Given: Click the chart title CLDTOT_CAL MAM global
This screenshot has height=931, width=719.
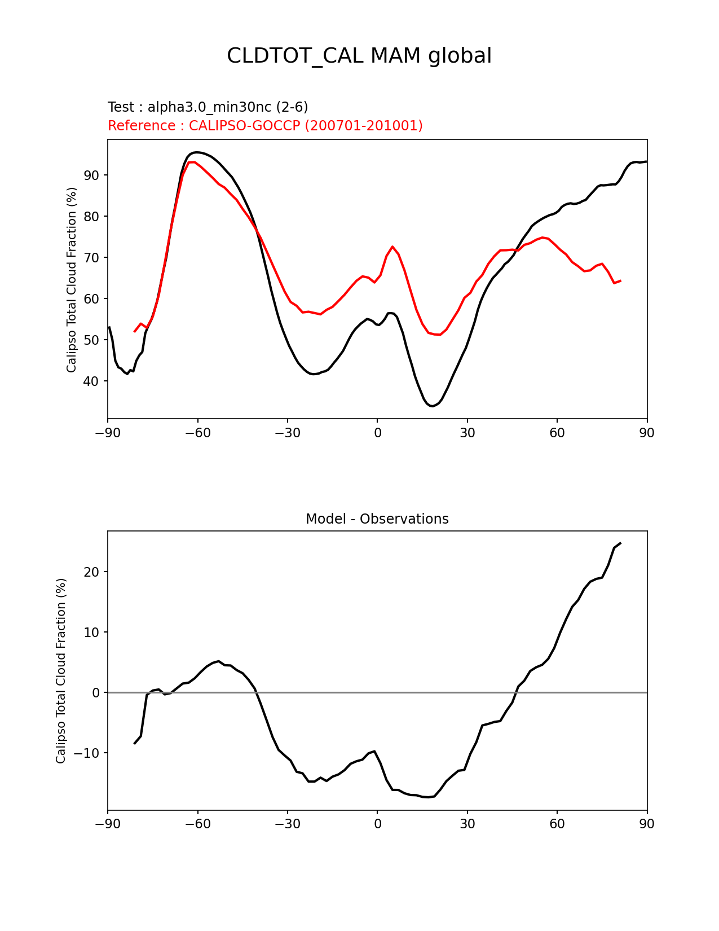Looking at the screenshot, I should tap(359, 56).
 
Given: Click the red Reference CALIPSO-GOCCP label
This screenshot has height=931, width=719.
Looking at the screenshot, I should tap(265, 126).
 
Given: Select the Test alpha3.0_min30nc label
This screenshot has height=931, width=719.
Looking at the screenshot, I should tap(208, 107).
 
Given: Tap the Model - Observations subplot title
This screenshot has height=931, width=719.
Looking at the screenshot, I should tap(377, 519).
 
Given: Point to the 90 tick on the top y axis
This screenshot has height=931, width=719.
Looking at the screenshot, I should tap(92, 175).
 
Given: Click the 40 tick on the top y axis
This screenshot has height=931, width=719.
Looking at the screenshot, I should tap(92, 381).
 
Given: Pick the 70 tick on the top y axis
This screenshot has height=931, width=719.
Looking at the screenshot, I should tap(92, 258).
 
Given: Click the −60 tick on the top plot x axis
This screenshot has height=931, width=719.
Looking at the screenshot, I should tap(197, 433).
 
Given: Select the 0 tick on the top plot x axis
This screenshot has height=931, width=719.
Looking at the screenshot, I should tap(377, 433).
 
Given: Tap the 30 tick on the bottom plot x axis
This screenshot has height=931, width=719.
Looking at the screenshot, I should tap(467, 824).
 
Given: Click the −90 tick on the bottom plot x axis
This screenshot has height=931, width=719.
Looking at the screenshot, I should tap(108, 824).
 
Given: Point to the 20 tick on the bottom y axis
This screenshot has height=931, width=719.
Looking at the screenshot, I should tap(92, 572).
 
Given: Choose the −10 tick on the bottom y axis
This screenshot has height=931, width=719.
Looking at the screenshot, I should tap(88, 753).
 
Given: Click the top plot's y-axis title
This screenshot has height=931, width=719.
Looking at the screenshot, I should tap(72, 280).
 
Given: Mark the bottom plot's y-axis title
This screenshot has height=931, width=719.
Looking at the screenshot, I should tap(61, 670).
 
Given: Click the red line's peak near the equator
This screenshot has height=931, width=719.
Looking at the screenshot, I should tap(392, 247).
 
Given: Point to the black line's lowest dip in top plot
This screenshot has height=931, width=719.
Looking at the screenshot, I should tap(431, 406).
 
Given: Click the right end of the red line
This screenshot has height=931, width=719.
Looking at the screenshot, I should tap(620, 280).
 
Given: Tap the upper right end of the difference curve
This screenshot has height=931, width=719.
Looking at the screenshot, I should tap(620, 543).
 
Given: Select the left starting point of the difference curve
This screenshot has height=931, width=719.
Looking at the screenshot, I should tap(135, 744).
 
